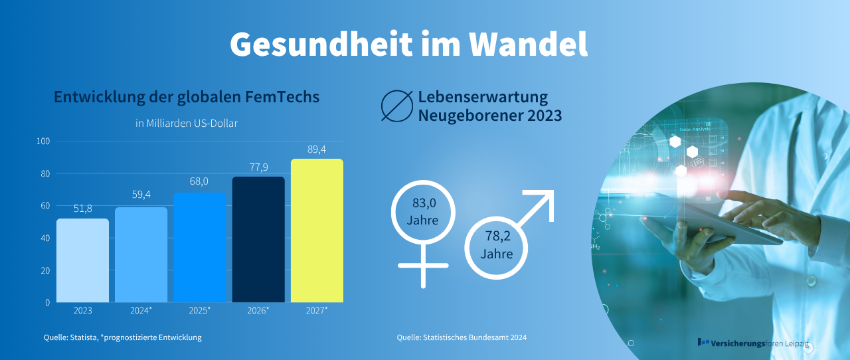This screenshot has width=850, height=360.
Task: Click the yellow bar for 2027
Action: pos(317,230)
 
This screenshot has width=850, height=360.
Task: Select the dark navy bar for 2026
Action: pos(258,239)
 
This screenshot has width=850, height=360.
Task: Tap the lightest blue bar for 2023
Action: pos(82,260)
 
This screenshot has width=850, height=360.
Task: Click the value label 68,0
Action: pos(199,181)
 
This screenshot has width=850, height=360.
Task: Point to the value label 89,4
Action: pos(317,149)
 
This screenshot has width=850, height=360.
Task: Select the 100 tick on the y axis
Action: pos(43,141)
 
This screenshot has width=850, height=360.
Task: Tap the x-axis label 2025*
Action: pos(199,310)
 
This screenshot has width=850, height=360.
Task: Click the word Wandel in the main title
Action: pos(529,43)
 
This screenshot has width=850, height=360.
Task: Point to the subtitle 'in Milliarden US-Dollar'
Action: pos(187,123)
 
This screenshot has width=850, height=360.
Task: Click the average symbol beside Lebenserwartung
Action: pos(396,106)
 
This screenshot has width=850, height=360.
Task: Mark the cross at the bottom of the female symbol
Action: pos(423,266)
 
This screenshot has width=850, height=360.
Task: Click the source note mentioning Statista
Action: pos(123,337)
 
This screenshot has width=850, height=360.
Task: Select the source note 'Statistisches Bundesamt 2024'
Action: pos(462,337)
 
